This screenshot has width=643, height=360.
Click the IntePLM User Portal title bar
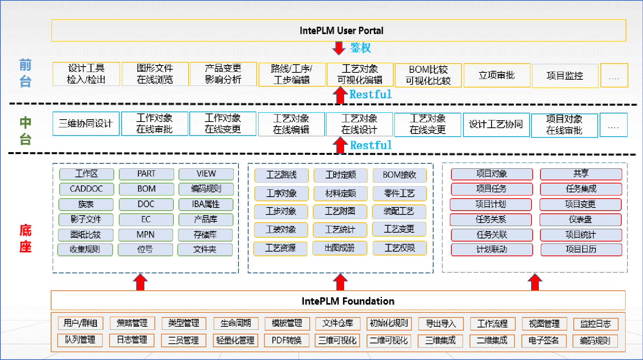coord(339,31)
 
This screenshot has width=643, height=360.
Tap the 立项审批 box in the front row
coord(497,75)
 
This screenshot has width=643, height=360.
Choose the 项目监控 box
coord(565,75)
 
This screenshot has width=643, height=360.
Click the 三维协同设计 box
coord(86,124)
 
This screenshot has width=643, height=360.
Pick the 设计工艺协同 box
coord(496,125)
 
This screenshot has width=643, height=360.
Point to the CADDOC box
coord(86,189)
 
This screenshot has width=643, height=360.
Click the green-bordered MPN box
coord(146,235)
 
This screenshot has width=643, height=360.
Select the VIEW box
coord(206,174)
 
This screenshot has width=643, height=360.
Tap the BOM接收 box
coord(400,175)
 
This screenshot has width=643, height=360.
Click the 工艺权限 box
coord(400,248)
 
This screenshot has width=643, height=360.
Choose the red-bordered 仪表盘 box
coord(581,219)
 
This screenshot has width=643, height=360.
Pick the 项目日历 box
coord(581,249)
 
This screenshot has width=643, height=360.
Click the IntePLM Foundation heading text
coord(348,301)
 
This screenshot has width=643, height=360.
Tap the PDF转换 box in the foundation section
coord(287,341)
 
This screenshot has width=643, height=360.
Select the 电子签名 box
coord(544,341)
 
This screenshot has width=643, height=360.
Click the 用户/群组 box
coord(81,323)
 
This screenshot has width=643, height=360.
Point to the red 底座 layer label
coord(25,239)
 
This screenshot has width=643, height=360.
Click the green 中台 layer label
coord(25,131)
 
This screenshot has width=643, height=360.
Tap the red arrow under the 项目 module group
coord(535,282)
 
